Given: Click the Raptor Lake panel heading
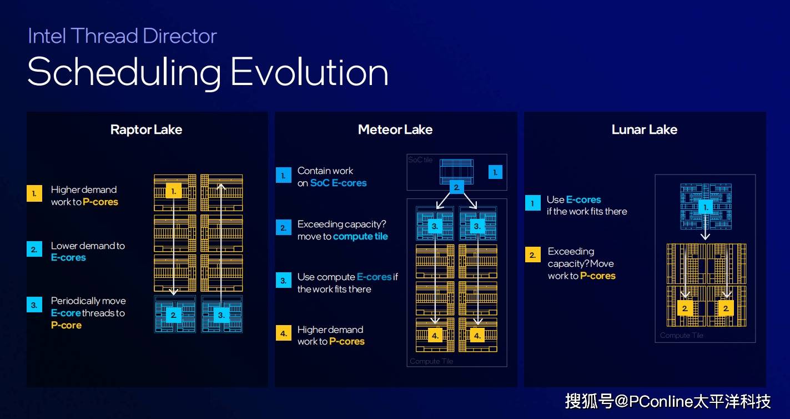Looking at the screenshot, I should pyautogui.click(x=146, y=130).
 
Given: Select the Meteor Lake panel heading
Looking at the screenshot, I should pyautogui.click(x=395, y=130).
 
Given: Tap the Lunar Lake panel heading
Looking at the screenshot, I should pyautogui.click(x=644, y=130).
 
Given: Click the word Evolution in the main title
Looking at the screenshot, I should pyautogui.click(x=309, y=73).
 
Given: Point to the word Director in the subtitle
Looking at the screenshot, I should pyautogui.click(x=179, y=36).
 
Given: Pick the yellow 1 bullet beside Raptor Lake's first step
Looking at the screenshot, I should pyautogui.click(x=34, y=193).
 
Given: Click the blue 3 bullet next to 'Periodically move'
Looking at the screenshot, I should pyautogui.click(x=34, y=305).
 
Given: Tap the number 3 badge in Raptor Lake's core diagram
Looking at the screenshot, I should pyautogui.click(x=221, y=315).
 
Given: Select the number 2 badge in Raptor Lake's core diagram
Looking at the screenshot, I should pyautogui.click(x=174, y=315).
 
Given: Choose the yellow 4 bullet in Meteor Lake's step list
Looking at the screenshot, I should pyautogui.click(x=283, y=333).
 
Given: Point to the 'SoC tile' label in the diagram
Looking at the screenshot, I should pyautogui.click(x=420, y=160).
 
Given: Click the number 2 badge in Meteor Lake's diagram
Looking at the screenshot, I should pyautogui.click(x=456, y=187).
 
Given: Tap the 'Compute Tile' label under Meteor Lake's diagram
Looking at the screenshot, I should pyautogui.click(x=431, y=361).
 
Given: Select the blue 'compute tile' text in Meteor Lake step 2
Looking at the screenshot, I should pyautogui.click(x=360, y=236).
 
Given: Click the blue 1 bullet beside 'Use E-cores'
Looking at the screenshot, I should pyautogui.click(x=532, y=203).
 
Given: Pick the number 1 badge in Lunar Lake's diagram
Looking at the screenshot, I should pyautogui.click(x=705, y=207).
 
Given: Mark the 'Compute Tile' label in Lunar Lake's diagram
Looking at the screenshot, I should pyautogui.click(x=681, y=335).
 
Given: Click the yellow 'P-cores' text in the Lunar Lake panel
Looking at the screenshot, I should pyautogui.click(x=597, y=276).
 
